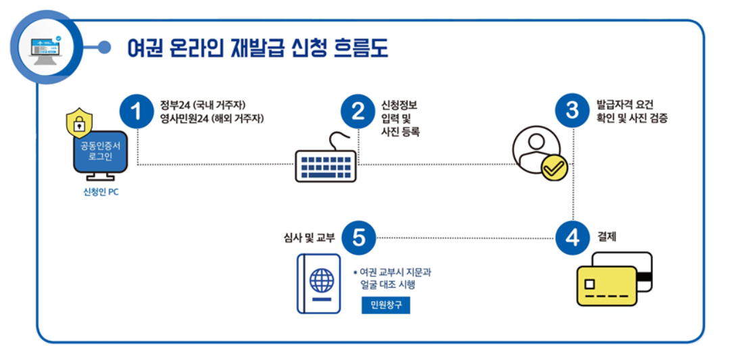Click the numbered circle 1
[139, 112]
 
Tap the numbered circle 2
[358, 112]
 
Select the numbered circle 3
[572, 110]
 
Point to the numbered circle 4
[572, 238]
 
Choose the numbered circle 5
[359, 238]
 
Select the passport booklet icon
[319, 284]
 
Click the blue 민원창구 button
[385, 305]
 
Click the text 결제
[607, 237]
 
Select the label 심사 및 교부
[309, 238]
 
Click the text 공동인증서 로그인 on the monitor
[96, 151]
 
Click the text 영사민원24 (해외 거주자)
[212, 118]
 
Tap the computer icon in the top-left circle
[47, 48]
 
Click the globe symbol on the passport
[321, 279]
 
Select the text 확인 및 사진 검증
[632, 118]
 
